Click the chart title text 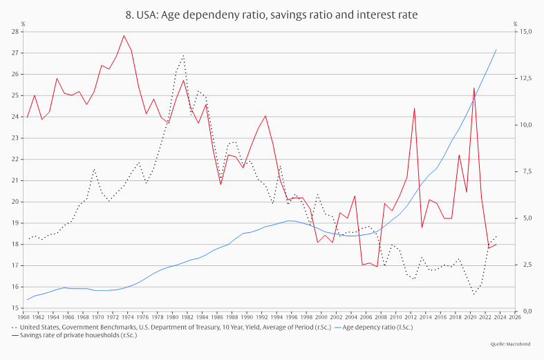[x=272, y=14]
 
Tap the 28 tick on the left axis [x=14, y=31]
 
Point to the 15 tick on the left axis [x=14, y=308]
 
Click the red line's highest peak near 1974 [x=124, y=35]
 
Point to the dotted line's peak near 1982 [x=183, y=55]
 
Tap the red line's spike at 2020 [x=474, y=88]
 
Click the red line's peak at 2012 [x=415, y=108]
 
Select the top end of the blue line [x=496, y=49]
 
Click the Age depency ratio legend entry [x=380, y=327]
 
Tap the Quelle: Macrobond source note [x=510, y=343]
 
